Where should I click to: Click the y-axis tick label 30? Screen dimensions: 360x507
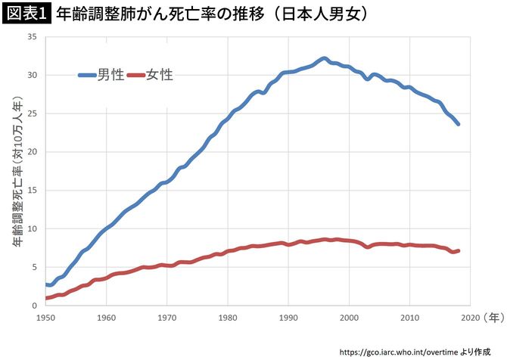click(x=32, y=75)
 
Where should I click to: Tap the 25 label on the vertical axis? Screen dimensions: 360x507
click(x=32, y=113)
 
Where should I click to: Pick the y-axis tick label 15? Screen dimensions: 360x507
click(x=32, y=190)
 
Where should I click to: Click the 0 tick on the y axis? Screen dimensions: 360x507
click(x=35, y=305)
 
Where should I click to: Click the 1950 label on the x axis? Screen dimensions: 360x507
click(x=46, y=318)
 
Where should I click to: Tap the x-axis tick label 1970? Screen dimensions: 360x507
click(x=167, y=318)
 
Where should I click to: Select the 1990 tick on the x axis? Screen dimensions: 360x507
click(x=288, y=318)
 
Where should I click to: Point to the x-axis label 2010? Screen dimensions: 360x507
click(x=409, y=318)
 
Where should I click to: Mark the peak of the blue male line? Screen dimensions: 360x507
click(x=324, y=58)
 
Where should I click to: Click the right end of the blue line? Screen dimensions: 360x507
click(x=458, y=124)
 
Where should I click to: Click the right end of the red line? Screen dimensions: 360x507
click(x=458, y=250)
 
